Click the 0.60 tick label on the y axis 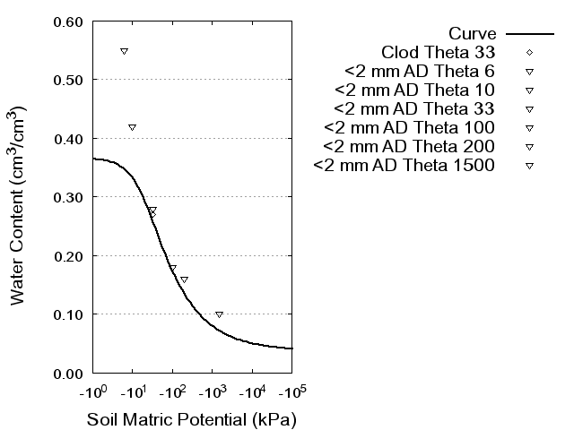click(x=69, y=21)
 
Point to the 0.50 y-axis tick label click(x=69, y=80)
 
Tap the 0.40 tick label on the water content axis click(x=69, y=139)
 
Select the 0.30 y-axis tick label click(x=69, y=197)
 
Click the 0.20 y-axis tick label click(x=69, y=255)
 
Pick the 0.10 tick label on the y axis click(x=69, y=314)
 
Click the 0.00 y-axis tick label click(x=69, y=373)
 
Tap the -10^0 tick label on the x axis click(x=93, y=393)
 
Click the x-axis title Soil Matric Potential click(x=191, y=419)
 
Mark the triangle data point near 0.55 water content click(x=125, y=51)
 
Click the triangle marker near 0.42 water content click(x=132, y=127)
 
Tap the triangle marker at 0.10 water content click(x=219, y=314)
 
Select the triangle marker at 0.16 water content click(x=184, y=279)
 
